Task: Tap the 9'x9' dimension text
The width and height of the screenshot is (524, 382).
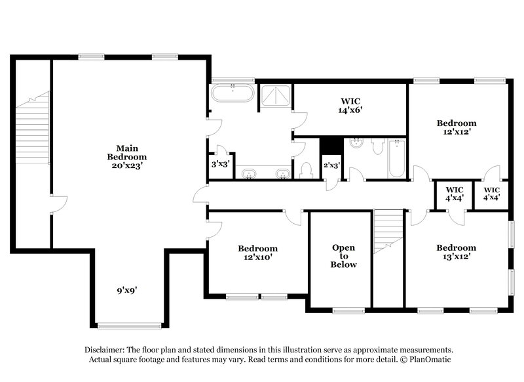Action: click(x=127, y=288)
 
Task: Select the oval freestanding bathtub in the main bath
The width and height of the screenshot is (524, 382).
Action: click(x=233, y=93)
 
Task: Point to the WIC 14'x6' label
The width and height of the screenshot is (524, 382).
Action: click(x=351, y=106)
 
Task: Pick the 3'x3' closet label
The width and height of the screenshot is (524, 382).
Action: click(x=219, y=165)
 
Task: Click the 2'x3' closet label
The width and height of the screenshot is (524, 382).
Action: click(x=331, y=165)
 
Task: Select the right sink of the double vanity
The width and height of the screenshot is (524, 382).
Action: click(x=282, y=174)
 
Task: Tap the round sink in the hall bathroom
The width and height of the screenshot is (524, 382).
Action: click(x=357, y=144)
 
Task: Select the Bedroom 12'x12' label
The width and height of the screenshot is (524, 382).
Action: click(x=457, y=127)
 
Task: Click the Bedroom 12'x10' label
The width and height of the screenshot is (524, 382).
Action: click(x=257, y=253)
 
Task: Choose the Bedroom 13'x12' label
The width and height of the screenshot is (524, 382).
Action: click(x=457, y=252)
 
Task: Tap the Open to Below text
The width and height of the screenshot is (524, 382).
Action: click(x=343, y=256)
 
